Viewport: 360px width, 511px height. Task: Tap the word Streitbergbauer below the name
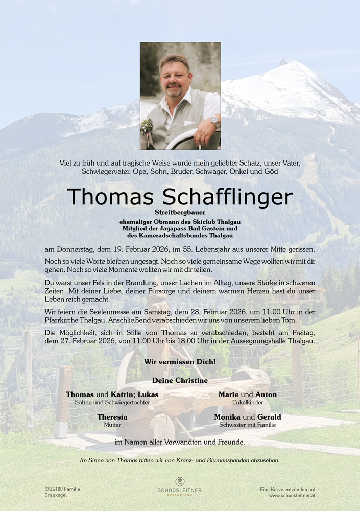click(180, 212)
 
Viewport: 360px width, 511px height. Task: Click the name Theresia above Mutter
click(112, 417)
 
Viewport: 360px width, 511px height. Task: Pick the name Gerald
click(269, 417)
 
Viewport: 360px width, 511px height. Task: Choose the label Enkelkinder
click(248, 403)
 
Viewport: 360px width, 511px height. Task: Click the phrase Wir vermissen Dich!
click(180, 362)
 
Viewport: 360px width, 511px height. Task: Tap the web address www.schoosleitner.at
click(292, 496)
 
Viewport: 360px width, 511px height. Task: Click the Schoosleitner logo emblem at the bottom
click(180, 481)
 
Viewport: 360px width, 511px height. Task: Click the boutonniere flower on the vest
click(147, 126)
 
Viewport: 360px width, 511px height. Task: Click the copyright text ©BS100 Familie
click(62, 489)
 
